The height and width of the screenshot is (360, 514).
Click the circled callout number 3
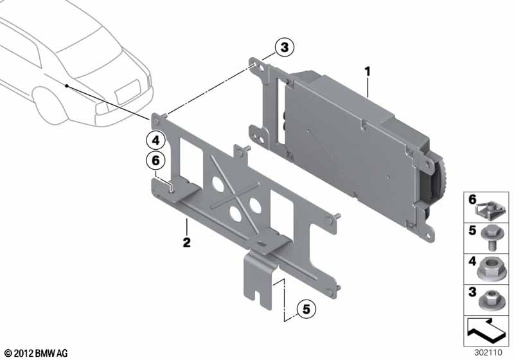point(284,47)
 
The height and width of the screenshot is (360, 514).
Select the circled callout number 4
point(155,141)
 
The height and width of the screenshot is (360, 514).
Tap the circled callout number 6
point(155,161)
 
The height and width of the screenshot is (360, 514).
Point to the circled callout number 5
point(306,309)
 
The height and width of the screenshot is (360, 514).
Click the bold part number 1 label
point(368,71)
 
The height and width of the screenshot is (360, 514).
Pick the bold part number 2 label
point(186,242)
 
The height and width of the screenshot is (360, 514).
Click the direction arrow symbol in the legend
point(486,330)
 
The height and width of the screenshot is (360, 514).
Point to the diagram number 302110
point(488,353)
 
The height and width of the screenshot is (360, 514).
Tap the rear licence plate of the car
point(127,91)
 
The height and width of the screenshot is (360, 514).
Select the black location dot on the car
point(67,86)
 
